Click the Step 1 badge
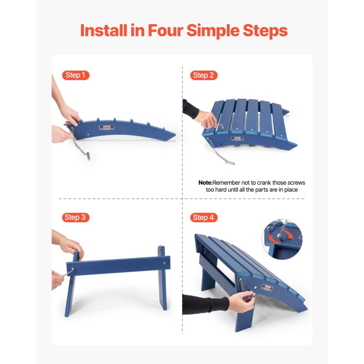76,76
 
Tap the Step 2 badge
203,76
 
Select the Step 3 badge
76,217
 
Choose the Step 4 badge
203,217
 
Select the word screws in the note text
296,182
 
